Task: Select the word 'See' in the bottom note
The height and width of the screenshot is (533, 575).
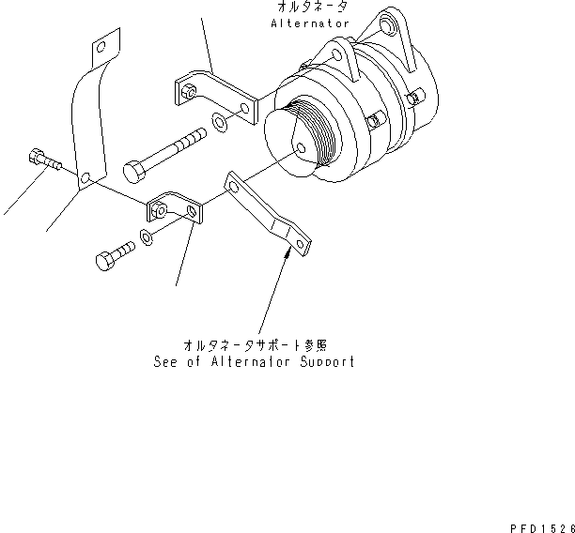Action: (166, 361)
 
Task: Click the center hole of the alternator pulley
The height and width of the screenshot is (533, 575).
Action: (299, 148)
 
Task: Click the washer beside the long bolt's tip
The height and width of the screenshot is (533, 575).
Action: (218, 121)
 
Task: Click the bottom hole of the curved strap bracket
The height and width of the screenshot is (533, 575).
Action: (86, 177)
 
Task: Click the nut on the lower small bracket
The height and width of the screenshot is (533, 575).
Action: (162, 209)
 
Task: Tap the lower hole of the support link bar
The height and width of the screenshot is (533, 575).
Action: (301, 245)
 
